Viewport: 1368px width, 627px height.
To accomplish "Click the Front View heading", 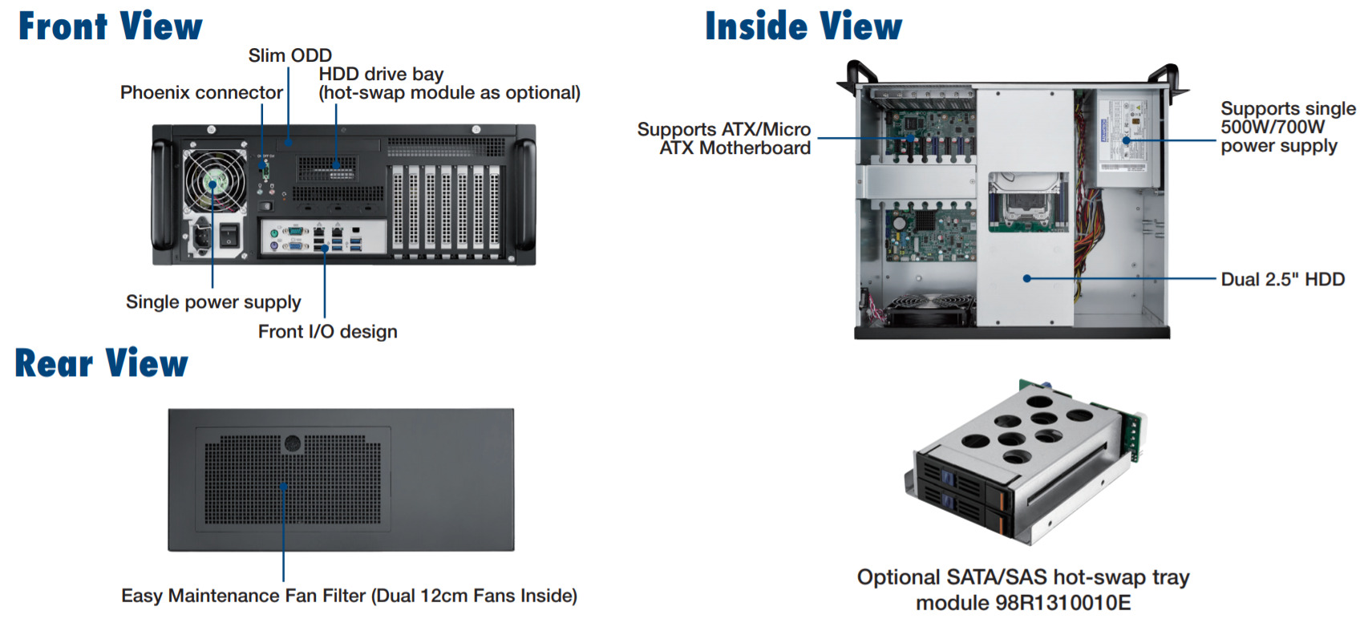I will coord(111,26).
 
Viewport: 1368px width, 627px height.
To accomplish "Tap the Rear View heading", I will coord(102,363).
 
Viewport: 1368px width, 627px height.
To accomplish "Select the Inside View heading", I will coord(803,26).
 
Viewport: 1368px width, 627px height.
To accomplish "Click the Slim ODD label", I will coord(289,55).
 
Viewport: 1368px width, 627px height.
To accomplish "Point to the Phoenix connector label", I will coord(201,93).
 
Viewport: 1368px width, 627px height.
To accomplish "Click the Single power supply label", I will coord(213,302).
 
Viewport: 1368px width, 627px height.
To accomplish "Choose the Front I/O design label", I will coord(327,332).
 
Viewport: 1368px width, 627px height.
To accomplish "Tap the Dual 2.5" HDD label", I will coord(1282,279).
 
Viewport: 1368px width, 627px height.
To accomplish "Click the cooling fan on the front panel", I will coord(215,181).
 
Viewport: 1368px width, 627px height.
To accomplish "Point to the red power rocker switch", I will coord(229,234).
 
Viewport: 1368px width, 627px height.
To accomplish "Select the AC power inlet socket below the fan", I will coord(200,236).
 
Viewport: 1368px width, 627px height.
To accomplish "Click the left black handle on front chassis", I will coord(162,195).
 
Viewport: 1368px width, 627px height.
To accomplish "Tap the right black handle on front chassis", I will coord(526,195).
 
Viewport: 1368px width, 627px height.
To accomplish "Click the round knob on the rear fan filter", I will coord(292,443).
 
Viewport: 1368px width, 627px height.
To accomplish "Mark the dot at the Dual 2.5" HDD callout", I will coord(1027,278).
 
